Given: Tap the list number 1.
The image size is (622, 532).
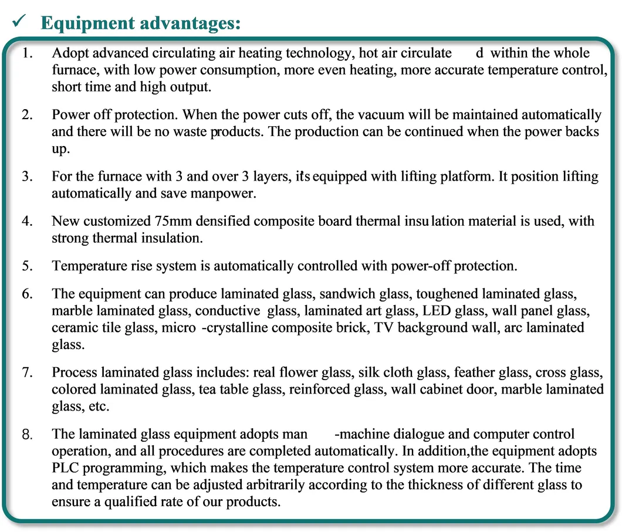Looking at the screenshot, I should (x=26, y=53).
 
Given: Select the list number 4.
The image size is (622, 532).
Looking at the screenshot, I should (x=26, y=222).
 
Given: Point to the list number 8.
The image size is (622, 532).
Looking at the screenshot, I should (x=26, y=435).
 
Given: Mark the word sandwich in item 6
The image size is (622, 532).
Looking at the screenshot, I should (x=347, y=294).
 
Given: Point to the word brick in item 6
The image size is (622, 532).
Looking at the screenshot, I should (x=349, y=327).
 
